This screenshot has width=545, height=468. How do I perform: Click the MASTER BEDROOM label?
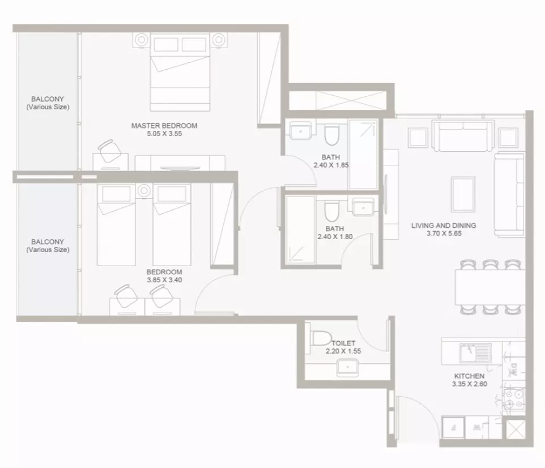pos(164,126)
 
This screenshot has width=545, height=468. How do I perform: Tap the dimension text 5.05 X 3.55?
pos(164,134)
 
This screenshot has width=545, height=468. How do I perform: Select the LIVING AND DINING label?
pos(444,226)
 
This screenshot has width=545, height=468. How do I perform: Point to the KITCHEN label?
pos(469,376)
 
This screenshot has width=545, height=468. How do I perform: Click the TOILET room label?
pos(343,343)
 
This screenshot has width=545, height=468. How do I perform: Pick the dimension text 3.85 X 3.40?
pos(164,280)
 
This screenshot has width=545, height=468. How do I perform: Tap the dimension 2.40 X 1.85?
pos(331,165)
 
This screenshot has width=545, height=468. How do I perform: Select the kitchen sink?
pos(475,353)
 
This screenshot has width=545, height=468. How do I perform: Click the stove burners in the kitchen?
pos(514,399)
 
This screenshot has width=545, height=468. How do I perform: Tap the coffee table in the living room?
pos(463,194)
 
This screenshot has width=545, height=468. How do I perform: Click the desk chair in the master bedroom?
pos(110,151)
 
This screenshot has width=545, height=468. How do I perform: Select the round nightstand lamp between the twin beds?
pos(144,191)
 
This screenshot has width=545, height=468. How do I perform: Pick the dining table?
pos(490,288)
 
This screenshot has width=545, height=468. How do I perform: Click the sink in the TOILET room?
pos(348,368)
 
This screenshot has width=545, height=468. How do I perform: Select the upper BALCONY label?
pos(48,103)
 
